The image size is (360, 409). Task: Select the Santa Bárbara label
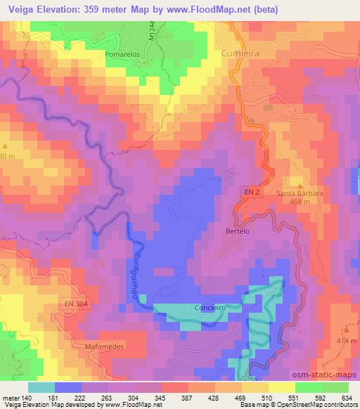[300, 193]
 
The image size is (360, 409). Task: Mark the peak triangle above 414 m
[346, 330]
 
